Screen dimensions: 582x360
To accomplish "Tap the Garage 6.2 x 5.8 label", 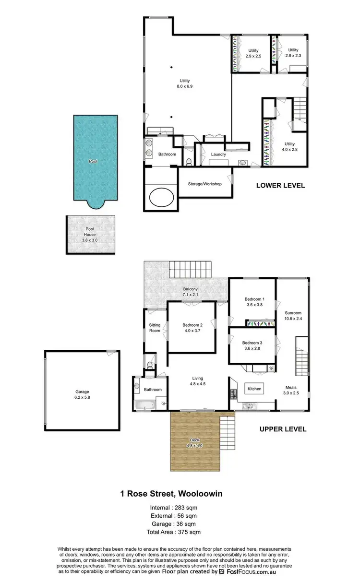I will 82,394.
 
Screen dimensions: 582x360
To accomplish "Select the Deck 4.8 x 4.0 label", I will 195,443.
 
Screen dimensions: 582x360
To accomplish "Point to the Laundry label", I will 218,154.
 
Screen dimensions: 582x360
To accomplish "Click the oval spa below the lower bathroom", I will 163,197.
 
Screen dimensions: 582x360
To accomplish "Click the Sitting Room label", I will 155,328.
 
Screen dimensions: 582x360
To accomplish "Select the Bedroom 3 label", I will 252,345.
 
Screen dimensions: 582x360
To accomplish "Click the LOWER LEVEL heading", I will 280,186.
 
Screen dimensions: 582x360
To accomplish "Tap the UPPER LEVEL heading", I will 283,429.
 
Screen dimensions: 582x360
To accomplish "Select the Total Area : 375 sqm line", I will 174,532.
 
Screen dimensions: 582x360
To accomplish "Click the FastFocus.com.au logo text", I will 251,572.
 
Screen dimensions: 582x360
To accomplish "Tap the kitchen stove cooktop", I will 234,394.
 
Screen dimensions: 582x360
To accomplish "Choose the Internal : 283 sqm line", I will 174,508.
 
